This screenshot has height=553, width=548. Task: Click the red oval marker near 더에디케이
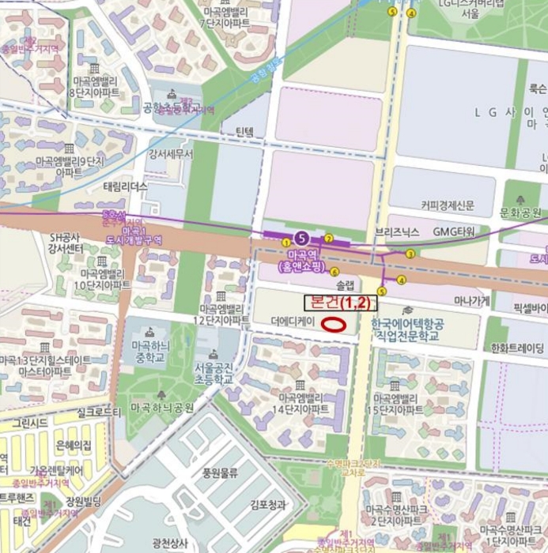335,322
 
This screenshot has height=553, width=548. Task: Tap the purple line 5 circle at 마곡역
300,238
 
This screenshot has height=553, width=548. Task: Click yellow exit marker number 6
334,272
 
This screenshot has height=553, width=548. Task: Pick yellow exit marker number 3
409,254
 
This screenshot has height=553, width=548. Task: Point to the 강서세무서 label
170,154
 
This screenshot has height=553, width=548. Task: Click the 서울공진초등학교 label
214,373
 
